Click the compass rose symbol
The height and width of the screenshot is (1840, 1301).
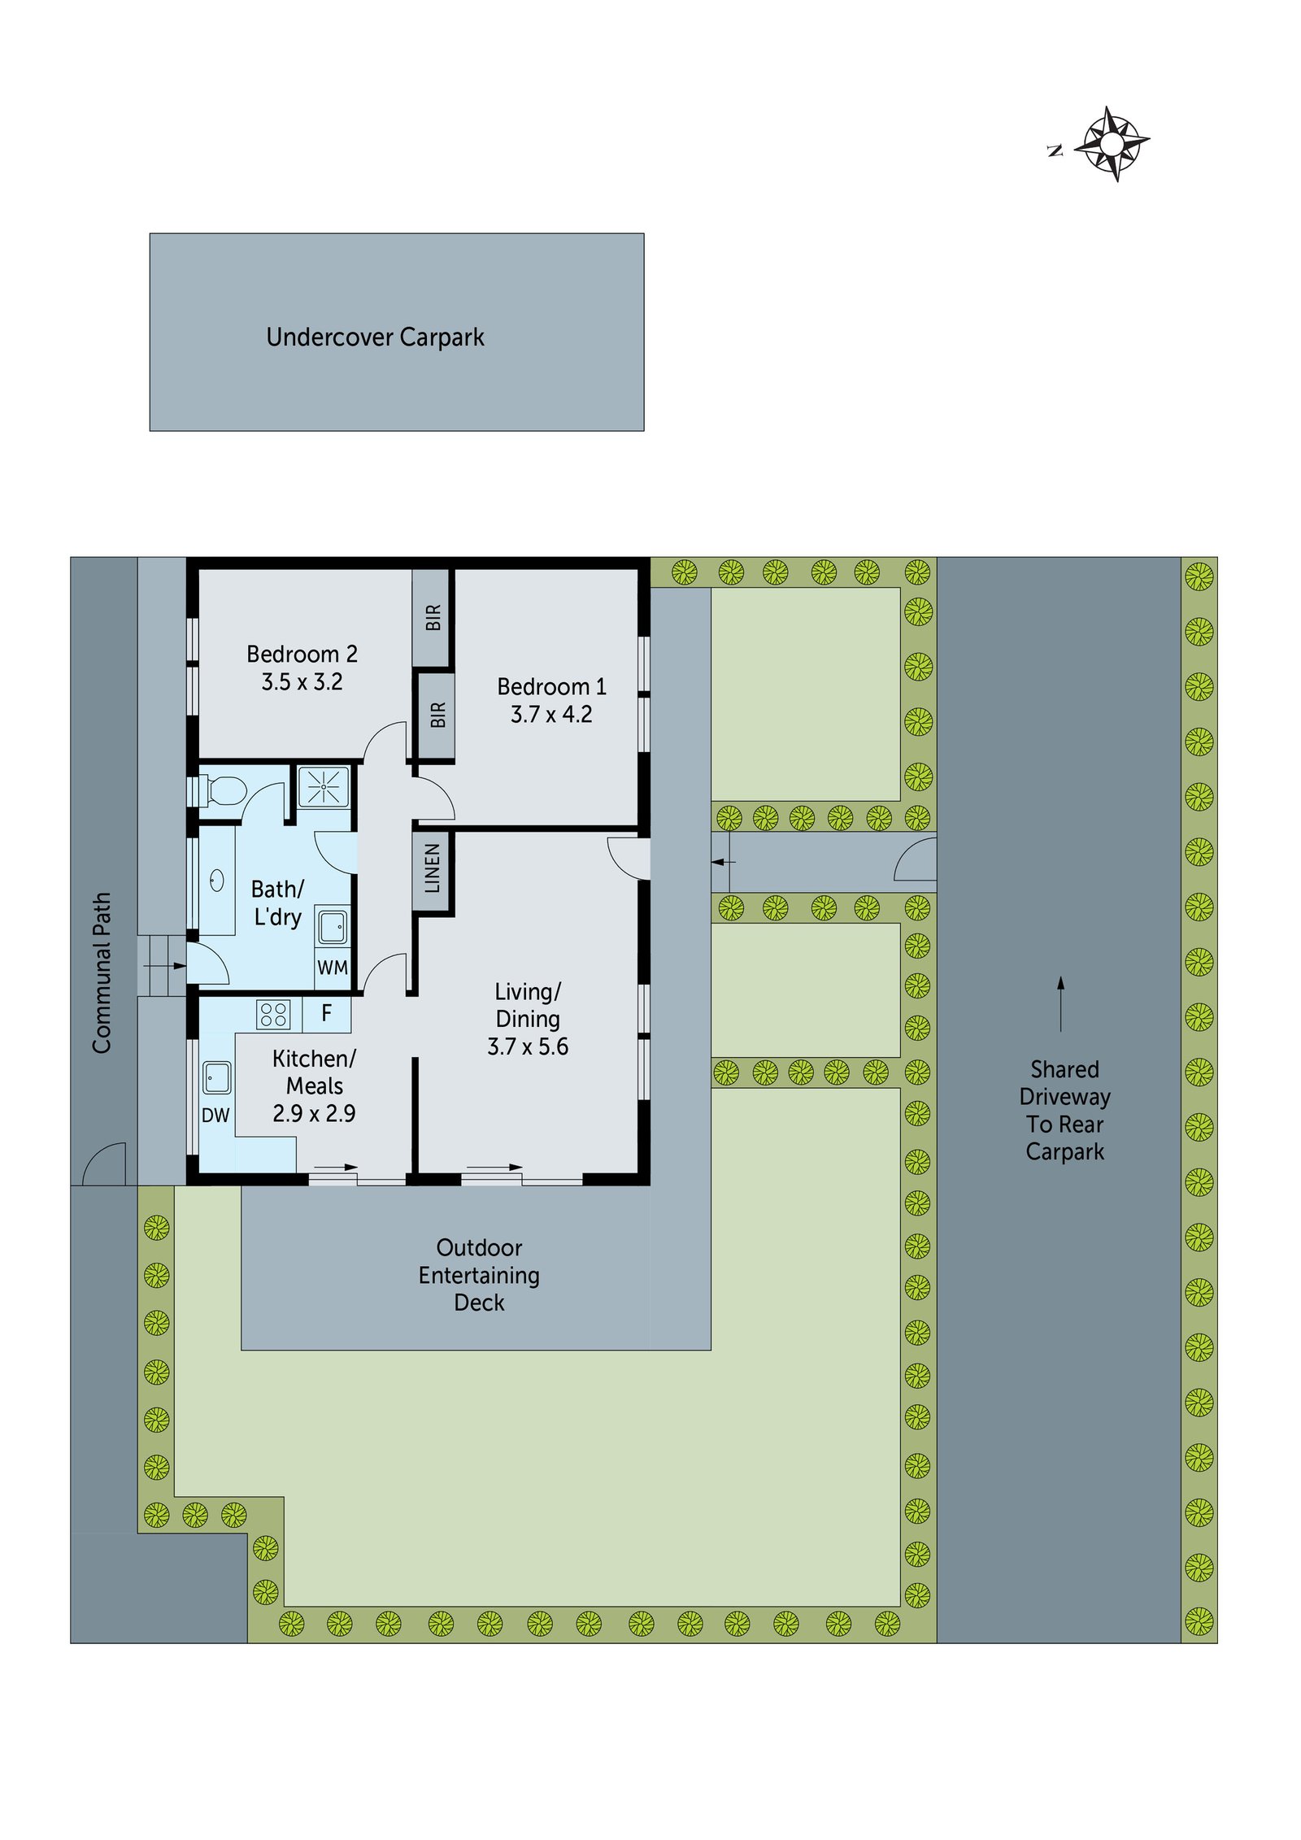point(1112,144)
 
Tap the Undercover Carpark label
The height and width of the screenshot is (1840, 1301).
point(375,337)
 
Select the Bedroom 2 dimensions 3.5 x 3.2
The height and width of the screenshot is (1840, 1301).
point(302,681)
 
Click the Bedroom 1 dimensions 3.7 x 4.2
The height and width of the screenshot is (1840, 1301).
point(551,714)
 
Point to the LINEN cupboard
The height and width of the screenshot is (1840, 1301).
point(433,868)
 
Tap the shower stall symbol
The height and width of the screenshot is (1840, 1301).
point(324,786)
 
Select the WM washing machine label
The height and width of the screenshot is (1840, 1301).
point(333,968)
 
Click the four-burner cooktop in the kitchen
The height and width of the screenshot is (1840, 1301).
point(273,1014)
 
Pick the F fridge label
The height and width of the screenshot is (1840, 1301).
point(327,1012)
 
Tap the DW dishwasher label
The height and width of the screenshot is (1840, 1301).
point(215,1115)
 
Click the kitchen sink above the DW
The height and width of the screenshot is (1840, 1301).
point(216,1078)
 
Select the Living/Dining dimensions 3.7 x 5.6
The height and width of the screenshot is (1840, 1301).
point(528,1046)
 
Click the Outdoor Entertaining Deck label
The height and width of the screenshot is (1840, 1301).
point(479,1275)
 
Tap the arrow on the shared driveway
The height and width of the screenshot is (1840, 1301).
point(1060,1004)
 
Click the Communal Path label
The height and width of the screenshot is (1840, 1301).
point(102,972)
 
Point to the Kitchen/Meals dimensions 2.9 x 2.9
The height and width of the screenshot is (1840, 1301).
point(314,1113)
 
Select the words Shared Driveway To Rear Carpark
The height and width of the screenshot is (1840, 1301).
point(1064,1110)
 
